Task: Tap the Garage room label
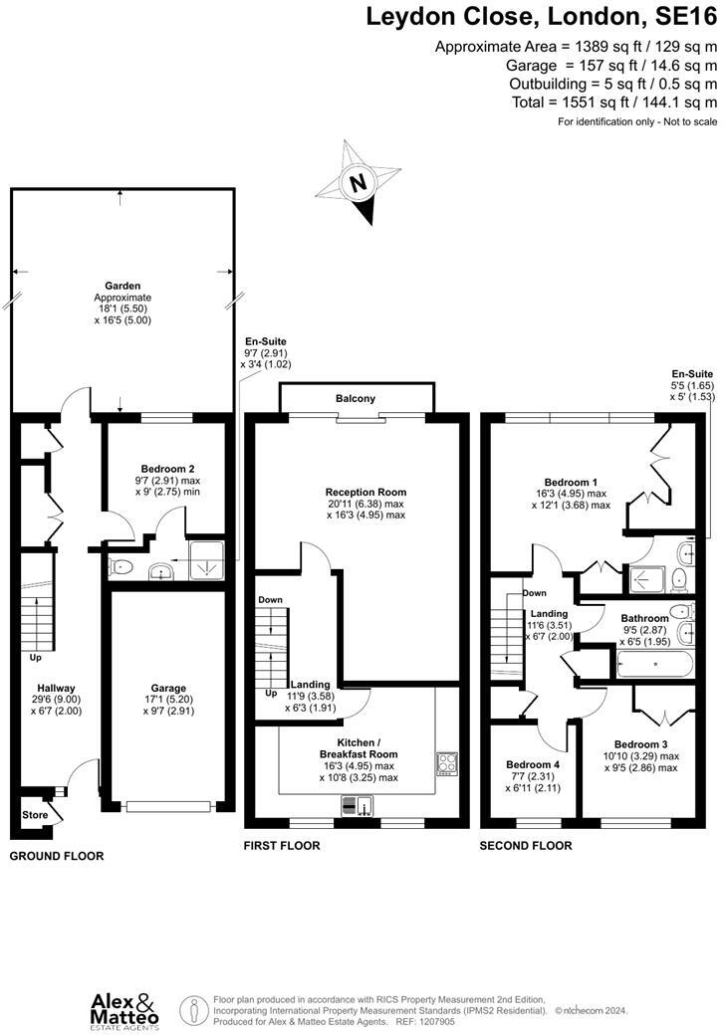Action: (x=168, y=687)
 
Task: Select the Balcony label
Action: (x=356, y=399)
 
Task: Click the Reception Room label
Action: (x=365, y=492)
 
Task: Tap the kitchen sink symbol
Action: (x=357, y=805)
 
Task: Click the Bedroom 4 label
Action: (x=528, y=765)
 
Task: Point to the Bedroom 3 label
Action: (x=640, y=744)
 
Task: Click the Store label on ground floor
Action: (x=35, y=815)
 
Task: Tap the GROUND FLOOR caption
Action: (x=57, y=856)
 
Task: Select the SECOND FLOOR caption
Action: (x=526, y=846)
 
